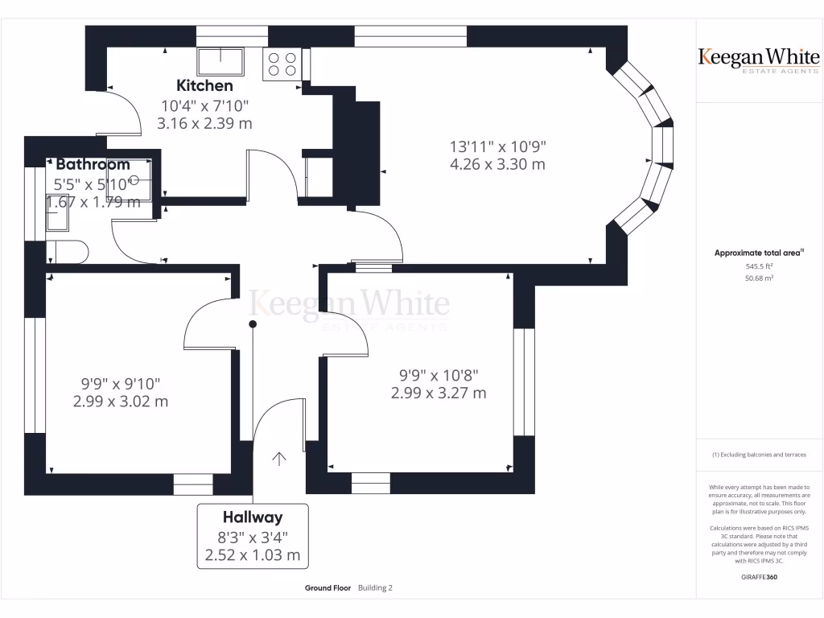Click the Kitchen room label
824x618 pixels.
tap(204, 85)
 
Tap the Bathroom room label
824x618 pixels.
tap(93, 164)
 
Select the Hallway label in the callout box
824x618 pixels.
tap(253, 517)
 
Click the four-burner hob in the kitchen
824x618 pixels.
tap(282, 64)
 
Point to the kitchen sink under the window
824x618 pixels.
tap(220, 61)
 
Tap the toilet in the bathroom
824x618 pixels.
tap(68, 252)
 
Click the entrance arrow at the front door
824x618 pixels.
tap(279, 459)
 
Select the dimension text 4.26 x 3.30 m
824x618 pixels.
tap(497, 164)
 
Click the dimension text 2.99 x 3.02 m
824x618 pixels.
tap(121, 402)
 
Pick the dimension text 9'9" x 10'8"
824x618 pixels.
tap(439, 375)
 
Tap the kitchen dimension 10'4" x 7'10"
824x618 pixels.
tap(204, 105)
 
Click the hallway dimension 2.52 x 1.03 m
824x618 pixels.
tap(253, 555)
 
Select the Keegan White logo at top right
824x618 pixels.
tap(759, 60)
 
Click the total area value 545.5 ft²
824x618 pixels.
tap(759, 266)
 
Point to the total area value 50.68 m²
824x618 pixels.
tap(759, 278)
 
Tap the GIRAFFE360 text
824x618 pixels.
tap(759, 577)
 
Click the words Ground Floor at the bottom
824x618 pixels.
tap(328, 588)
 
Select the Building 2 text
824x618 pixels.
tap(375, 588)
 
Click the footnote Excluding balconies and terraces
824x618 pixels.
tap(759, 455)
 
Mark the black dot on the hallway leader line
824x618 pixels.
tap(253, 323)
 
